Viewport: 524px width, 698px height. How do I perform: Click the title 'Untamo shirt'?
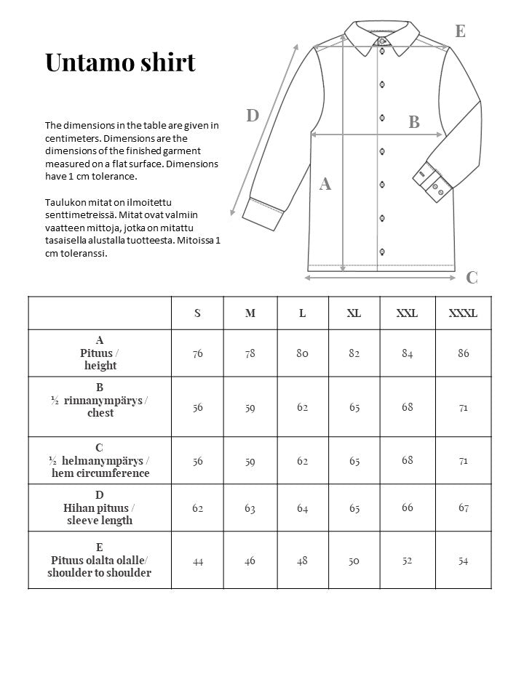coord(120,63)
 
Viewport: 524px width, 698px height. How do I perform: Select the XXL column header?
coord(407,313)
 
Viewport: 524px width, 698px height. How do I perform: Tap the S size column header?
coord(197,313)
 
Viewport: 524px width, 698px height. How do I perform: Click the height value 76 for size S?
coord(197,353)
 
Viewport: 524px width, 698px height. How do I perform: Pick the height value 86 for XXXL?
coord(464,353)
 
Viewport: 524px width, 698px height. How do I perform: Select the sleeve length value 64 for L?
coord(302,508)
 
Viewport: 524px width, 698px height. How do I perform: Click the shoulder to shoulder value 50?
coord(354,561)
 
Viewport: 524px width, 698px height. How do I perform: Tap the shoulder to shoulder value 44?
coord(197,561)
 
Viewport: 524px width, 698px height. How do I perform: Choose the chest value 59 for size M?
coord(250,407)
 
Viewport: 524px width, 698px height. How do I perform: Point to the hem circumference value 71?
coord(464,460)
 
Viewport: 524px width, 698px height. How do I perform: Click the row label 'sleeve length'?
coord(100,521)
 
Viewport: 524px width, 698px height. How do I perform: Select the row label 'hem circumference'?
coord(100,473)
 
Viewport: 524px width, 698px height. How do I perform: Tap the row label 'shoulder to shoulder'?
coord(100,573)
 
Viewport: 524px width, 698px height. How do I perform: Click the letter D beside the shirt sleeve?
coord(253,116)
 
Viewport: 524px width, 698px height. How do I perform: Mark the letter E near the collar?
coord(460,31)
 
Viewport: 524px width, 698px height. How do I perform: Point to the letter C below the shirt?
coord(472,277)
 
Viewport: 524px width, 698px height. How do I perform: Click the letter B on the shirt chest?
coord(414,122)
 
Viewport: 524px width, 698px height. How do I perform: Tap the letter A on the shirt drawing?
coord(325,185)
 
